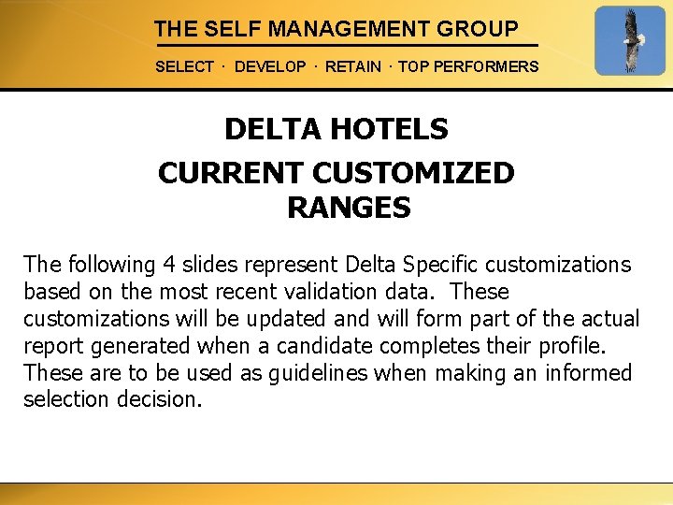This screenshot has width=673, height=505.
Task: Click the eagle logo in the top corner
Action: pyautogui.click(x=630, y=41)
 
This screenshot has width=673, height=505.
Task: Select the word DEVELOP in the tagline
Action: pyautogui.click(x=270, y=67)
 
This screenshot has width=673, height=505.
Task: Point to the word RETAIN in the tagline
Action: pyautogui.click(x=353, y=67)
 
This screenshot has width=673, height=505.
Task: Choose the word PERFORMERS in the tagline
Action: pyautogui.click(x=494, y=67)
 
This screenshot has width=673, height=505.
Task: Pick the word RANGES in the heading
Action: pyautogui.click(x=349, y=208)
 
